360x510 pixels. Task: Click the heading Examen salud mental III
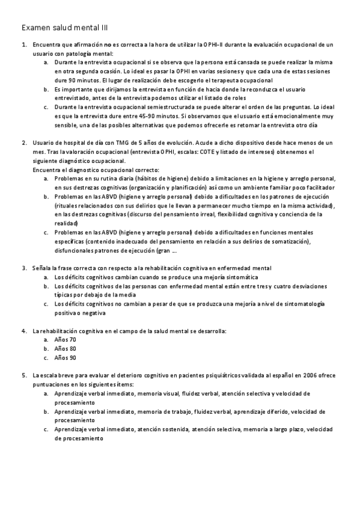coord(65,27)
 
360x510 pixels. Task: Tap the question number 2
coord(23,143)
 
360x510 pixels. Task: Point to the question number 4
coord(23,331)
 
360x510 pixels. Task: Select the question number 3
coord(23,268)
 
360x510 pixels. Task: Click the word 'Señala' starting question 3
coord(41,268)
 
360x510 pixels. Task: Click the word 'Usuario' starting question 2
coord(44,143)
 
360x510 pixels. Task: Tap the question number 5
coord(23,375)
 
